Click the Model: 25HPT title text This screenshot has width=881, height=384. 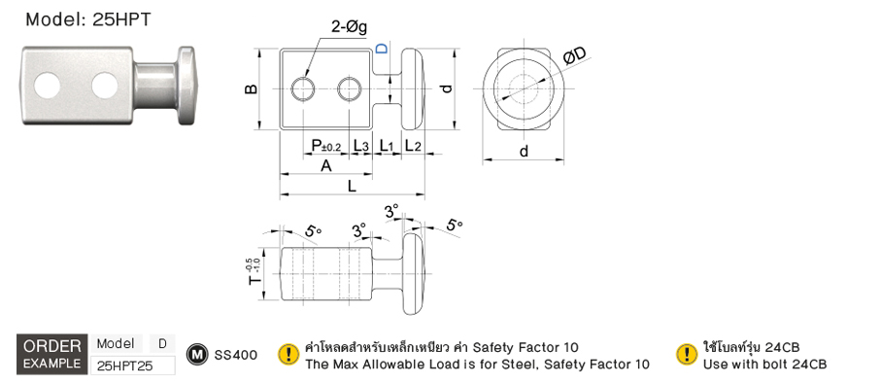pyautogui.click(x=88, y=19)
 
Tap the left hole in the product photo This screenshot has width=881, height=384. pyautogui.click(x=48, y=86)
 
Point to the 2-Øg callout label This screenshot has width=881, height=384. pyautogui.click(x=349, y=27)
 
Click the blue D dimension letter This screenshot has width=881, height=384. pyautogui.click(x=382, y=49)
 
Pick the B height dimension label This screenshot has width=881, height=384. pyautogui.click(x=252, y=88)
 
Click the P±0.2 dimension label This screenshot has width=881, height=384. pyautogui.click(x=325, y=146)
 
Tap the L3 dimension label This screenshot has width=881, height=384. pyautogui.click(x=360, y=146)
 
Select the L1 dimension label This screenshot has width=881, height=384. pyautogui.click(x=388, y=146)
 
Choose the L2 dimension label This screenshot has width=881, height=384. pyautogui.click(x=413, y=146)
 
